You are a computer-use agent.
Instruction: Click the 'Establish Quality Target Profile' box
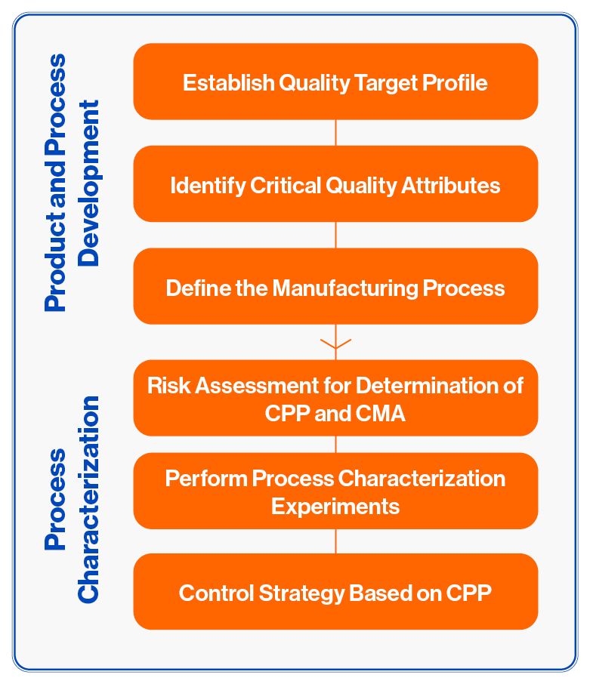[335, 82]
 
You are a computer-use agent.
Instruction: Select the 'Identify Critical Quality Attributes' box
[335, 184]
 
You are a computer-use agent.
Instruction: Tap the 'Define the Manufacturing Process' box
[335, 287]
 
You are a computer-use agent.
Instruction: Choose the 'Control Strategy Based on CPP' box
[335, 592]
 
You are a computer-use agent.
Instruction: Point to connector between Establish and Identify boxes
[335, 132]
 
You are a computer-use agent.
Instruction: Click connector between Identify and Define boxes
[335, 235]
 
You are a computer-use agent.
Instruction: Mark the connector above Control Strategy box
[335, 541]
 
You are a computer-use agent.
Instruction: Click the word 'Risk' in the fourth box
[166, 386]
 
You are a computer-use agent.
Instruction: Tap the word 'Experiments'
[335, 506]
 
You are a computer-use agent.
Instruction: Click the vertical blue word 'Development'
[90, 183]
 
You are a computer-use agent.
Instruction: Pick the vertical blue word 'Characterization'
[89, 499]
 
